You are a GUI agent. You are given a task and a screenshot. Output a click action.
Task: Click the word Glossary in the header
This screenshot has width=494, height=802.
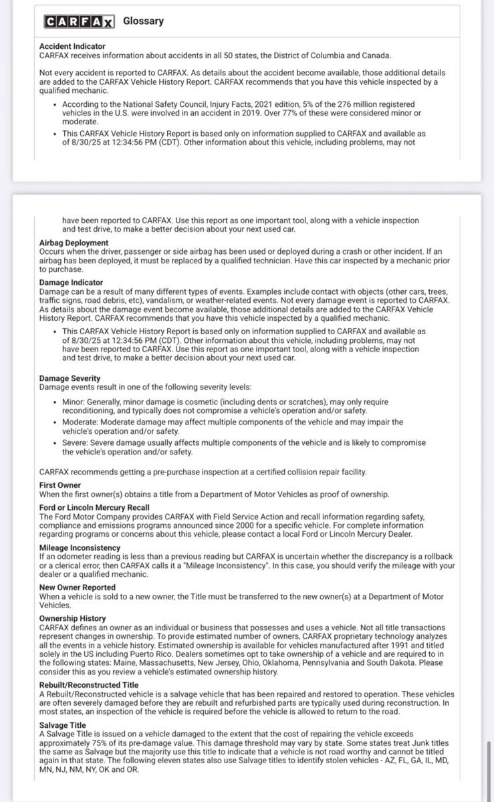point(143,21)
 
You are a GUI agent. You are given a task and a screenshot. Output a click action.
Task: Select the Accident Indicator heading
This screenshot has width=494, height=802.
point(72,46)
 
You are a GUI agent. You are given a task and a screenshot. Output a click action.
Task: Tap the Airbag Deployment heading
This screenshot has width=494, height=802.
point(74,243)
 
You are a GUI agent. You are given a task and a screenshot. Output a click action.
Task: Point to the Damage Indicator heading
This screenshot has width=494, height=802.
point(71,283)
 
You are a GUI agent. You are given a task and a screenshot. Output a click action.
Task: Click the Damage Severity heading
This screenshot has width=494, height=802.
point(70,378)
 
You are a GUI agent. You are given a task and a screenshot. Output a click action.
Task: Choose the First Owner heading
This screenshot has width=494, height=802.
point(60,485)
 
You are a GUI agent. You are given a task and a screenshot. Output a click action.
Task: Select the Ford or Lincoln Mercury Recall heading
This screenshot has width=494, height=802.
point(94,508)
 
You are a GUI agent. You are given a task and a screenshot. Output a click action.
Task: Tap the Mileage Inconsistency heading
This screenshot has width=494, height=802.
point(80,547)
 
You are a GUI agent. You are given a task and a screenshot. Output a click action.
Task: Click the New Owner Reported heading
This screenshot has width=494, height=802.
point(77,587)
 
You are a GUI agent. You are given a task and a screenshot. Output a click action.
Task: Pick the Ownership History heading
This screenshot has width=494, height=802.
point(72,619)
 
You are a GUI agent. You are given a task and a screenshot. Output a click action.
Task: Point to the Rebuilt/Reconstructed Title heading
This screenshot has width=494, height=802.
point(89,685)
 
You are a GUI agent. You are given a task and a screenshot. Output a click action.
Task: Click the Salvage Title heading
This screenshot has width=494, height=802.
point(63,724)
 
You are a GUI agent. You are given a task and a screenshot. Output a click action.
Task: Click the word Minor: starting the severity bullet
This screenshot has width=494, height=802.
point(74,402)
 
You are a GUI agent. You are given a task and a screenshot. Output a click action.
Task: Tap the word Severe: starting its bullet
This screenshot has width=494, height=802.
point(76,442)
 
